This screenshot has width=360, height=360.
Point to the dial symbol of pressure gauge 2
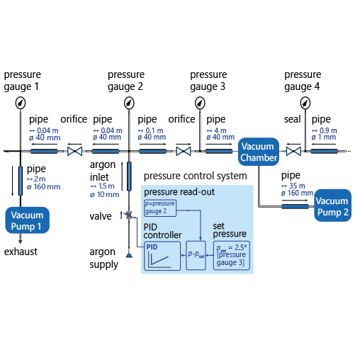tap(128, 103)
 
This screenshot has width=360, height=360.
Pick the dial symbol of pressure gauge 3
tap(201, 103)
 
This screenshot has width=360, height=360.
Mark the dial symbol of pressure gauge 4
tap(304, 103)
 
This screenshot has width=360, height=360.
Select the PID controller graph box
tap(162, 255)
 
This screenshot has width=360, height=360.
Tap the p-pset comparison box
tap(196, 254)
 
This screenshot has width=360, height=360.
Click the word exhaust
tap(21, 251)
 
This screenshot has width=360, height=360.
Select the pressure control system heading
tap(196, 175)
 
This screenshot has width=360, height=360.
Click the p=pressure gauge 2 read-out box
tap(160, 207)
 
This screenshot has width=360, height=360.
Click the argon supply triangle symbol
tap(129, 254)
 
